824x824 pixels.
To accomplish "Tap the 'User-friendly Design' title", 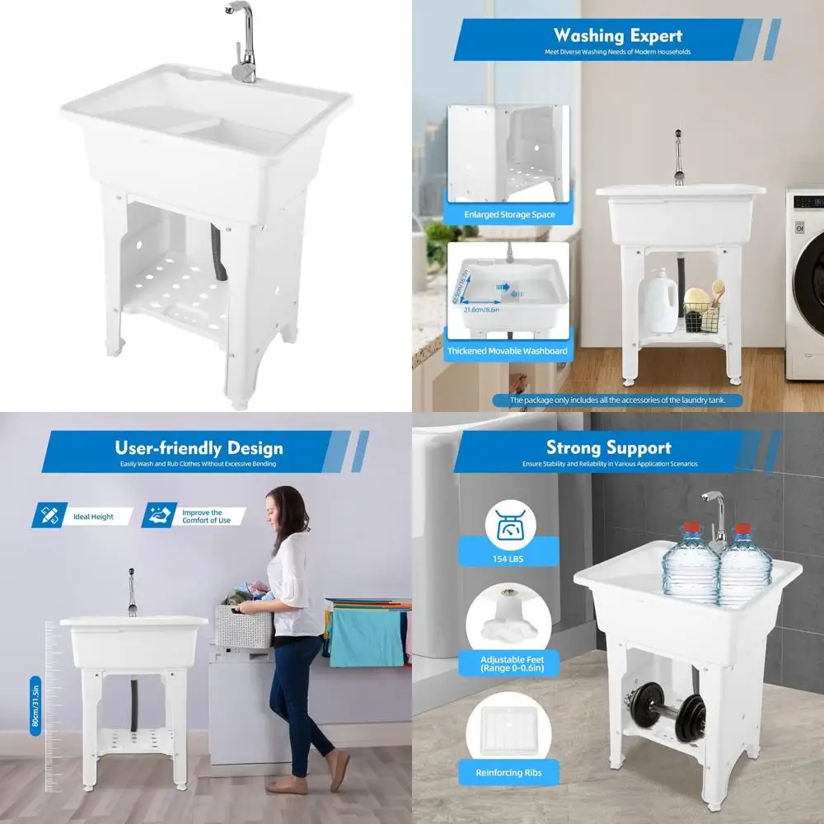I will point(199,448).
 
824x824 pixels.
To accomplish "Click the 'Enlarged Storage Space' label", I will point(508,215).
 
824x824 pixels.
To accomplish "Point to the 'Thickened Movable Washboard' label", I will point(507,351).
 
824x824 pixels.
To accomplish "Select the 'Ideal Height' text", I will point(93,517).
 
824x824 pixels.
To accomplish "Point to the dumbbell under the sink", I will point(664,706).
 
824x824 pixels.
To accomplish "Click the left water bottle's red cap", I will point(693,527).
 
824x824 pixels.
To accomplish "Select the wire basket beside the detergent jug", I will point(701,314).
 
